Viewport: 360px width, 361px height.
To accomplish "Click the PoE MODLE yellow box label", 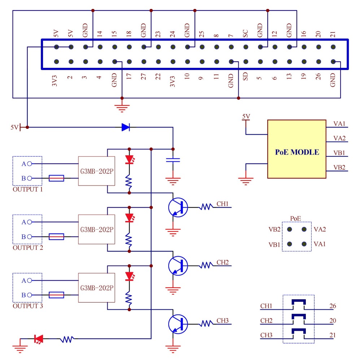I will coord(297,152).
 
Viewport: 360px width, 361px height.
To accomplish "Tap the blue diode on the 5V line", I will coord(126,127).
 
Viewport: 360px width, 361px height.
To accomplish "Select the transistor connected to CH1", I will coord(178,207).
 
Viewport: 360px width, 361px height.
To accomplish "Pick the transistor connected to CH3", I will coord(178,323).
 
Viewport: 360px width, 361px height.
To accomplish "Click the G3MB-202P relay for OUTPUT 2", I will coord(96,229).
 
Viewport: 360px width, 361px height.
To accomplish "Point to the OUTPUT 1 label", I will coord(27,189).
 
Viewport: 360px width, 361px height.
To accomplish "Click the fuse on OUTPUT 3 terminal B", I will coord(56,295).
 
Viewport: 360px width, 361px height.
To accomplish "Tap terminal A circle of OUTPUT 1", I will coord(30,164).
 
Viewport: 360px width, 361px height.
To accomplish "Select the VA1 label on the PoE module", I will coord(339,124).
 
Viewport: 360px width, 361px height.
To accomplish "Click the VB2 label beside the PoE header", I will coord(274,229).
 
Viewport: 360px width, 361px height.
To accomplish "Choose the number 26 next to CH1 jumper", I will coord(333,306).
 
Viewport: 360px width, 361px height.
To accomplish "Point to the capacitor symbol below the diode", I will coord(173,160).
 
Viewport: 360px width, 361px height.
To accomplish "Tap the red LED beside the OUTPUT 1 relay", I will coord(129,160).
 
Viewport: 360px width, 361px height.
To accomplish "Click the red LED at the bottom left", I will coord(38,339).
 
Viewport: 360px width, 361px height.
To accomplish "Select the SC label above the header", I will coord(246,34).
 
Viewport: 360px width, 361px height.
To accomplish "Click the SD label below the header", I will coord(246,76).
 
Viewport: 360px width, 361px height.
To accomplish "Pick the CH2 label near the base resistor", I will coord(222,262).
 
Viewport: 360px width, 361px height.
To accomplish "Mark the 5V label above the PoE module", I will coord(246,116).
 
